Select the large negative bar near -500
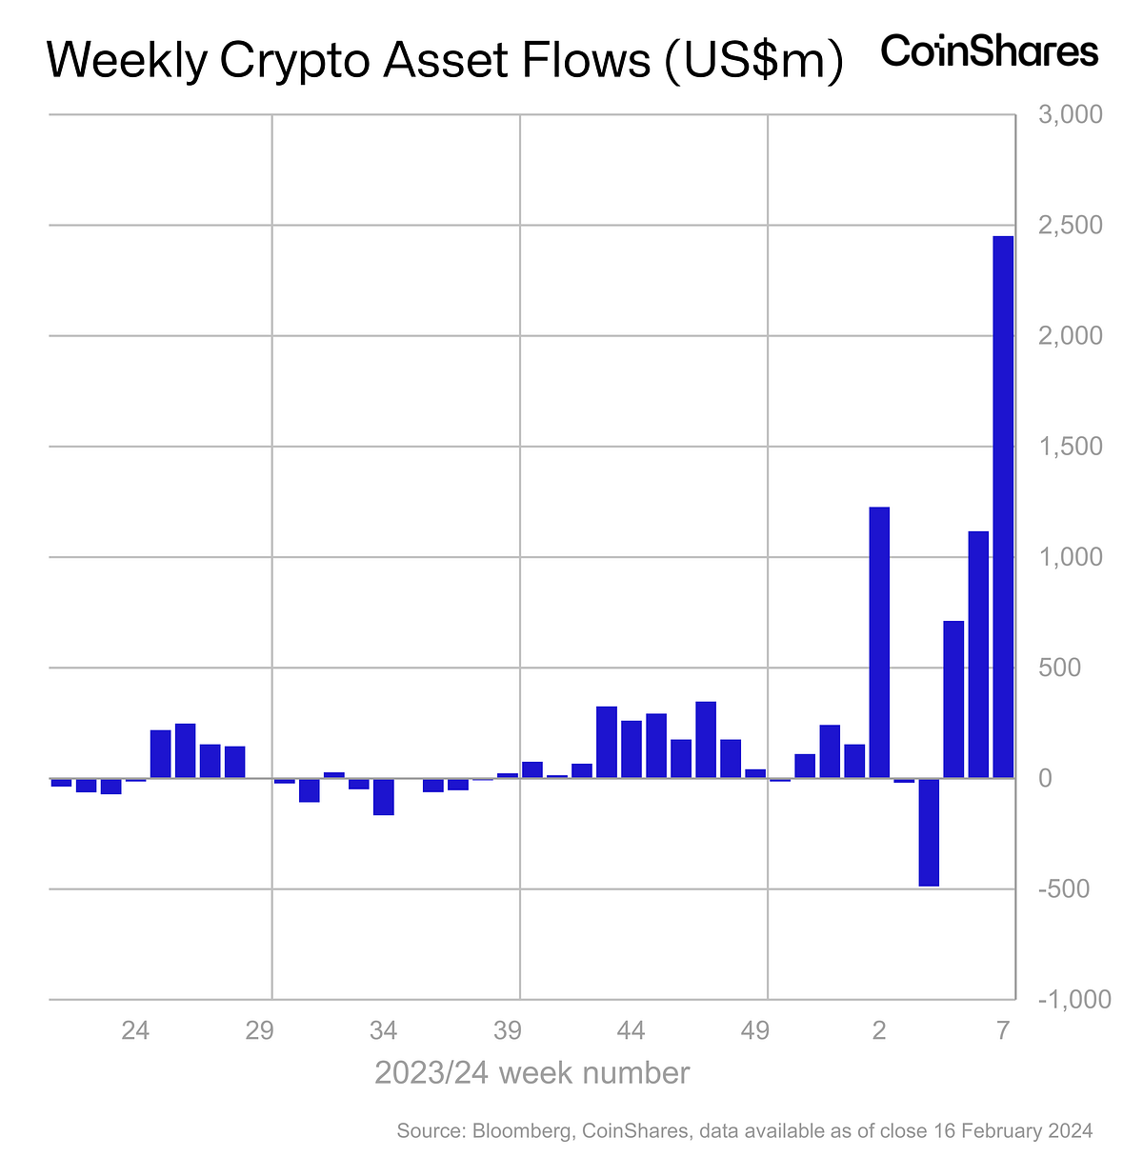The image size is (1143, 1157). click(x=929, y=831)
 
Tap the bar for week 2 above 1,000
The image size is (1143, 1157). click(x=879, y=643)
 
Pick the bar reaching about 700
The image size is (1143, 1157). click(x=953, y=699)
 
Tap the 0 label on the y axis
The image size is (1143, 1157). click(x=1045, y=778)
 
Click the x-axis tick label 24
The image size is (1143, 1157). click(x=135, y=1030)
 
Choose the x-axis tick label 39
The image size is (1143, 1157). click(x=508, y=1030)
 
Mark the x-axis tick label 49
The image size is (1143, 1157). click(x=755, y=1030)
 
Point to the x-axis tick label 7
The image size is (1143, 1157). click(x=1002, y=1030)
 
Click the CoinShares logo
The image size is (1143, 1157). click(x=990, y=50)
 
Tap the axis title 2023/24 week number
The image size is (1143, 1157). click(x=531, y=1072)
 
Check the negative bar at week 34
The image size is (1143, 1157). click(x=384, y=796)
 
